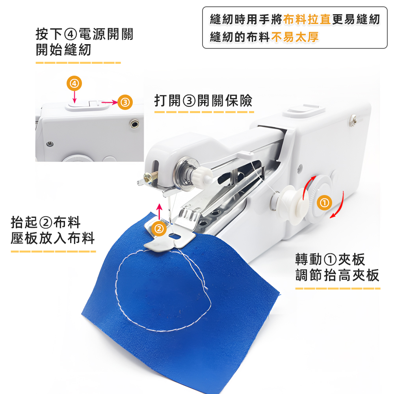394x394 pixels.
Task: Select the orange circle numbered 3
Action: pyautogui.click(x=125, y=102)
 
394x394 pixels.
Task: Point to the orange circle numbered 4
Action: pyautogui.click(x=74, y=84)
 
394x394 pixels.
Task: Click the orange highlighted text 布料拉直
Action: pyautogui.click(x=307, y=20)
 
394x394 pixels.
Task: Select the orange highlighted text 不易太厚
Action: pyautogui.click(x=295, y=37)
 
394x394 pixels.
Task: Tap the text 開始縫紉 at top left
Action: pyautogui.click(x=63, y=50)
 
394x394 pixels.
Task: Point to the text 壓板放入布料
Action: pyautogui.click(x=53, y=238)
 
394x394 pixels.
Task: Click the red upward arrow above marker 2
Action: pyautogui.click(x=159, y=210)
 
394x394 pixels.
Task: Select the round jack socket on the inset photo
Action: pyautogui.click(x=135, y=124)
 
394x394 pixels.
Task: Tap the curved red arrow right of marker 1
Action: pyautogui.click(x=339, y=205)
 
